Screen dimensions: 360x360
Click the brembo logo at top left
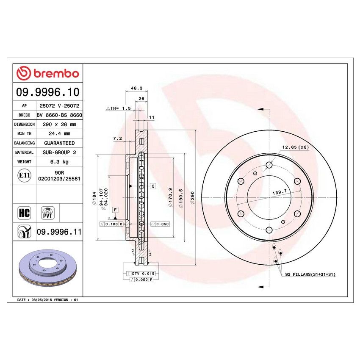click(x=48, y=74)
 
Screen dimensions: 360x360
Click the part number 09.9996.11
click(x=59, y=232)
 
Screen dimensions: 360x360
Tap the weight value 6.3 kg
click(x=59, y=162)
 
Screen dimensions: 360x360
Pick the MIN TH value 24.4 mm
click(x=59, y=134)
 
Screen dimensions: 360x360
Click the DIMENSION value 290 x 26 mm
click(x=59, y=125)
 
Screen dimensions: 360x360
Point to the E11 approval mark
click(x=25, y=176)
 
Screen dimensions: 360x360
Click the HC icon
click(x=25, y=212)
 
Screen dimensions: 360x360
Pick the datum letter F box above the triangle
click(x=115, y=210)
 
